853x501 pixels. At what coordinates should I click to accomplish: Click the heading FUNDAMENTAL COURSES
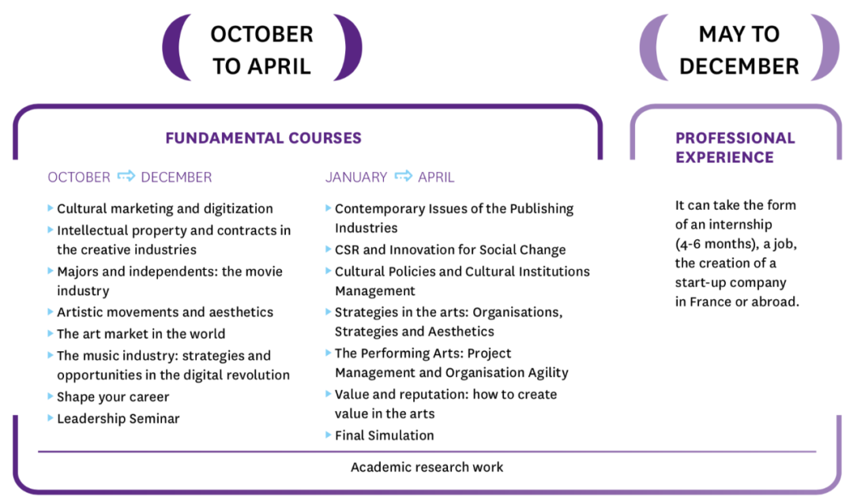[x=263, y=138]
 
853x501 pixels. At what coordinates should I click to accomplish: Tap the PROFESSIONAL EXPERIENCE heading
[x=735, y=148]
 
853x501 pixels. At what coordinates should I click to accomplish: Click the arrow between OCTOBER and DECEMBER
[x=126, y=176]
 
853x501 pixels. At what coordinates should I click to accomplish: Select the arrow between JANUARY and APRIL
[x=403, y=176]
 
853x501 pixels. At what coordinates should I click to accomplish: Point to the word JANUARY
[x=356, y=178]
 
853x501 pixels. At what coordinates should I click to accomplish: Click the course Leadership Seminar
[x=118, y=418]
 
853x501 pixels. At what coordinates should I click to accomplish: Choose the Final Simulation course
[x=384, y=436]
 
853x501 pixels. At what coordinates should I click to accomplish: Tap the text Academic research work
[x=427, y=467]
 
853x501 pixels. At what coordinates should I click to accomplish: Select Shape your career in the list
[x=113, y=397]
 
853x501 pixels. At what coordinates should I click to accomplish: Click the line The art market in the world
[x=141, y=334]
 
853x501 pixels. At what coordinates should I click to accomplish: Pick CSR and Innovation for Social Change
[x=450, y=250]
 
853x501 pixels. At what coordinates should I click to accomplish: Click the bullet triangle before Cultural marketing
[x=50, y=208]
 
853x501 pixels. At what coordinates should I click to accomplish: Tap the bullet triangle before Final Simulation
[x=328, y=434]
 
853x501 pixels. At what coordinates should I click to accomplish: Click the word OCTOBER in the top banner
[x=261, y=34]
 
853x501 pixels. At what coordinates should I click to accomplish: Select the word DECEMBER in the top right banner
[x=739, y=66]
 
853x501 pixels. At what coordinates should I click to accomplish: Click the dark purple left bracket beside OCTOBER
[x=172, y=47]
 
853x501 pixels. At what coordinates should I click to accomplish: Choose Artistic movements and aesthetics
[x=165, y=312]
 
